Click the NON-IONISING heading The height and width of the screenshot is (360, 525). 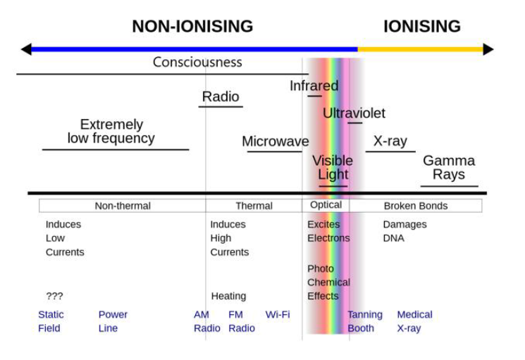click(x=192, y=27)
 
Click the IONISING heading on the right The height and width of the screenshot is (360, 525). click(x=421, y=27)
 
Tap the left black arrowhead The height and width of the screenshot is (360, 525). click(x=26, y=49)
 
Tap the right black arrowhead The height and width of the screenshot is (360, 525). click(x=488, y=49)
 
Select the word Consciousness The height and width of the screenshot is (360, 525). click(x=197, y=63)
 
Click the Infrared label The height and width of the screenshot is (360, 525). click(x=314, y=86)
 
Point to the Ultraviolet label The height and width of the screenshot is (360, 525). click(x=354, y=113)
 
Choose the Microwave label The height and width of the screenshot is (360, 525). click(x=275, y=142)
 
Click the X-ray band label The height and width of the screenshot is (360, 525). click(x=390, y=141)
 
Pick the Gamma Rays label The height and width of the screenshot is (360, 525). click(x=449, y=168)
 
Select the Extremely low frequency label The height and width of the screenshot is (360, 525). click(x=111, y=132)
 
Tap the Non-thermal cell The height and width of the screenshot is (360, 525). click(x=123, y=206)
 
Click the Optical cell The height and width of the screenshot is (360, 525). click(x=326, y=205)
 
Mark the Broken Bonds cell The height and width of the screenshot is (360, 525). click(x=416, y=206)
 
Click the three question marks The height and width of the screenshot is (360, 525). click(x=54, y=296)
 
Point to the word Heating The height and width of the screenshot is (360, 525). click(x=228, y=296)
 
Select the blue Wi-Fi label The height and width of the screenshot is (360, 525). click(x=278, y=314)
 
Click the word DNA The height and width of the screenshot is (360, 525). click(x=393, y=238)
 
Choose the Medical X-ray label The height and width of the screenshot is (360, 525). click(x=414, y=321)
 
